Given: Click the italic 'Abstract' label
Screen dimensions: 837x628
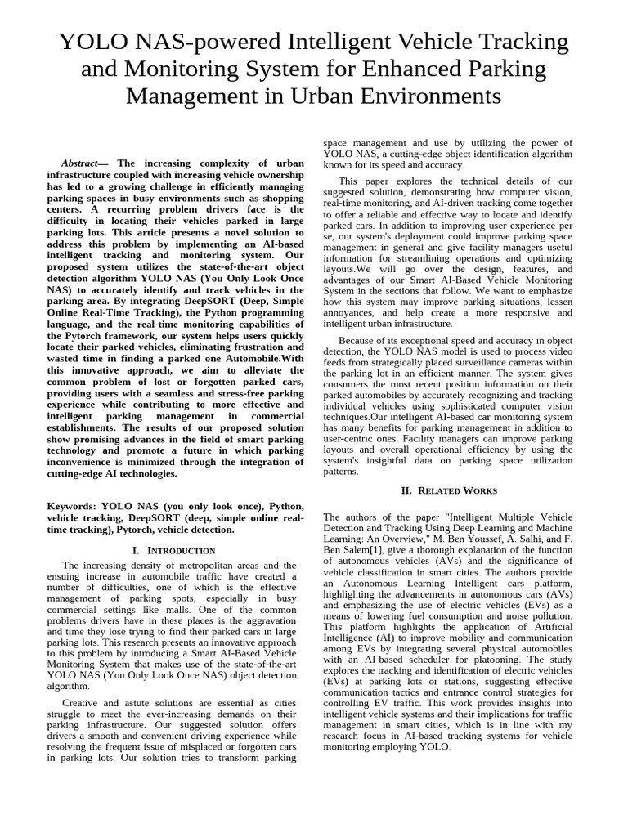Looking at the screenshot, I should pyautogui.click(x=84, y=163).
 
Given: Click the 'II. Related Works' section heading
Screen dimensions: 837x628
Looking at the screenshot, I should pyautogui.click(x=447, y=490).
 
